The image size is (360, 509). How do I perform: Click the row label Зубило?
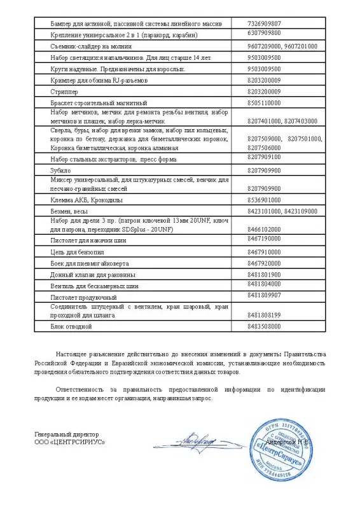pos(60,171)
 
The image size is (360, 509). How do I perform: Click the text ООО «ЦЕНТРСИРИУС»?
pos(70,442)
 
